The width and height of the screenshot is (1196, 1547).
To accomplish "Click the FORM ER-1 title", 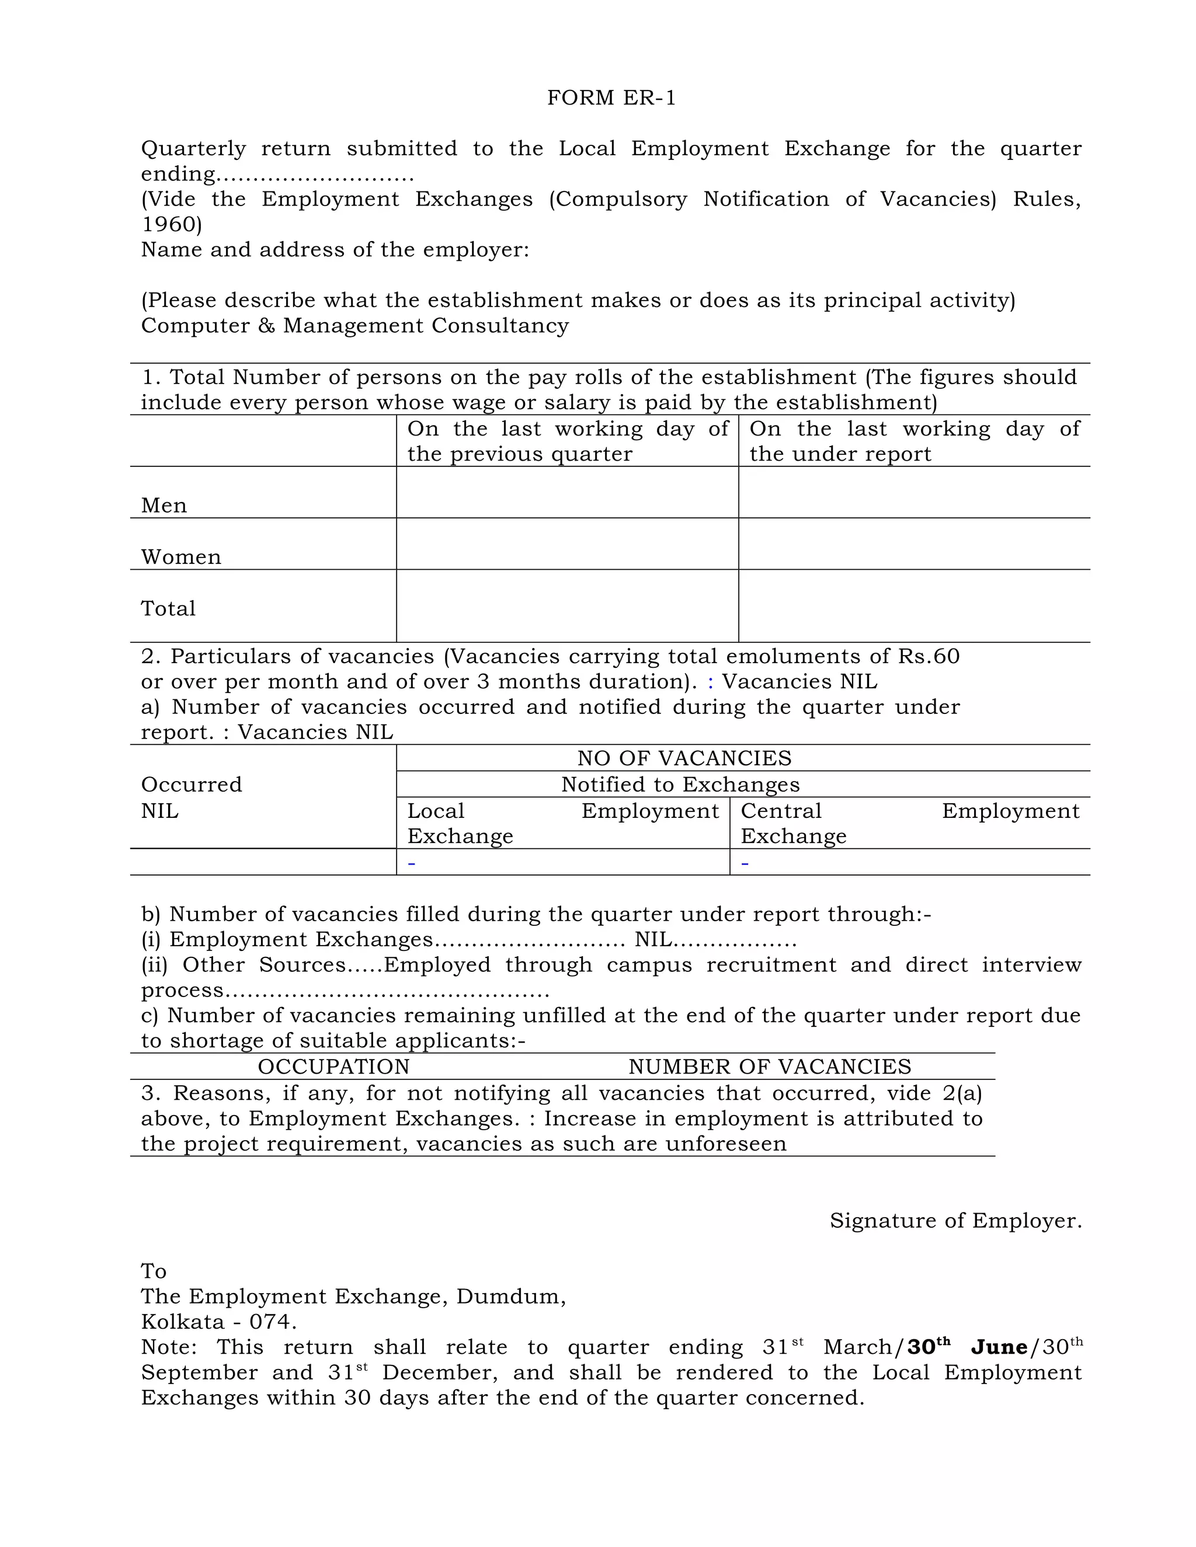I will [611, 97].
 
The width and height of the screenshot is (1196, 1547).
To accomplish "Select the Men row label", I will [164, 506].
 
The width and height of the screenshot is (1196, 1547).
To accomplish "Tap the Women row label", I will [180, 558].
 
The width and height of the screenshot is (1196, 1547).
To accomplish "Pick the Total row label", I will [168, 608].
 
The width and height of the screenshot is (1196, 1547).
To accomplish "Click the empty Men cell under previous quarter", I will [567, 492].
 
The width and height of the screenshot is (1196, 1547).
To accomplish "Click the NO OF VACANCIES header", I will [684, 759].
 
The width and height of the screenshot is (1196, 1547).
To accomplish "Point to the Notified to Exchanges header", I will [680, 785].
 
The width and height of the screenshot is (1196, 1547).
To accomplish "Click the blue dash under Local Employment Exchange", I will [412, 863].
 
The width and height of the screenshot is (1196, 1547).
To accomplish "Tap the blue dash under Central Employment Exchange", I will [745, 863].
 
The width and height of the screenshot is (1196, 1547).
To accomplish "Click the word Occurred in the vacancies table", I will [192, 785].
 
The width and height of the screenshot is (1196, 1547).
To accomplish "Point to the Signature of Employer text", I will [955, 1221].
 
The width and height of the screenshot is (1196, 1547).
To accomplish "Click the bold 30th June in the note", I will [966, 1347].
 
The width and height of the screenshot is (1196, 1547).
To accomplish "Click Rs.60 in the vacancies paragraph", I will [929, 657].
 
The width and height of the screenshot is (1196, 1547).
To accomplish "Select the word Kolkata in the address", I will [182, 1322].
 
